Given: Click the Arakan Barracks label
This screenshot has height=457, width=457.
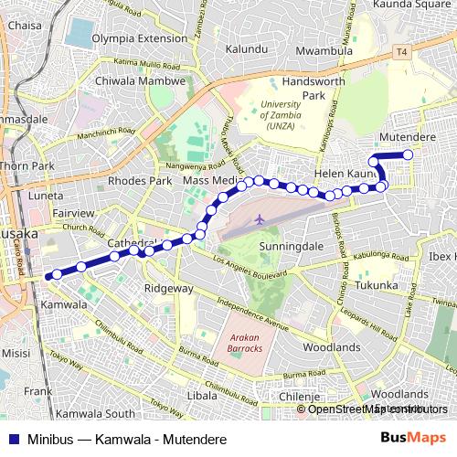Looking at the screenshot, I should pyautogui.click(x=244, y=341).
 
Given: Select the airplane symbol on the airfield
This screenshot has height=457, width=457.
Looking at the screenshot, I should pyautogui.click(x=260, y=219).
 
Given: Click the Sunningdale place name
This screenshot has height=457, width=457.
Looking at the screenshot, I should pyautogui.click(x=286, y=247).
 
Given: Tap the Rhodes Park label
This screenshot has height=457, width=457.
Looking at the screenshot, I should pyautogui.click(x=140, y=181).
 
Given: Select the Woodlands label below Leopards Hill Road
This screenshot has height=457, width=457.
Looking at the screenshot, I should pyautogui.click(x=331, y=347).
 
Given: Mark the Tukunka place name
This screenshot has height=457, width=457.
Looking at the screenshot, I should pyautogui.click(x=377, y=285).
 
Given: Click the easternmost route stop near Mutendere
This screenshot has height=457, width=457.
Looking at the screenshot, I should pyautogui.click(x=408, y=154).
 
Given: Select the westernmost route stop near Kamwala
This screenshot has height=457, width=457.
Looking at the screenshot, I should pyautogui.click(x=58, y=272).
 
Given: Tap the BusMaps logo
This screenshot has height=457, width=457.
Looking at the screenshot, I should pyautogui.click(x=413, y=438).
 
